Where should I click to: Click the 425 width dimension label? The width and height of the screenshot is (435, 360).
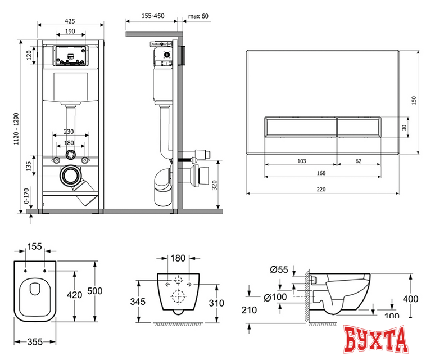coord(70,21)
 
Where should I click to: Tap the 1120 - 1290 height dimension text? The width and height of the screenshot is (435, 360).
coord(16,129)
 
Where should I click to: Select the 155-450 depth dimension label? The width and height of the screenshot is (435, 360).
coord(153,16)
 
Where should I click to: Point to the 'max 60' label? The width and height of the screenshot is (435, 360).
coord(198,16)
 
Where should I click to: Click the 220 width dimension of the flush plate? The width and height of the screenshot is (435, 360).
coord(321,190)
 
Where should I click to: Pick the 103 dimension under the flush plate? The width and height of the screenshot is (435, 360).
coord(302,161)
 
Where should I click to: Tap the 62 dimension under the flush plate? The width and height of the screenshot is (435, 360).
coord(359,161)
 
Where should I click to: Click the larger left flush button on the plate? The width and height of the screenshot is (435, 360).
coord(301,127)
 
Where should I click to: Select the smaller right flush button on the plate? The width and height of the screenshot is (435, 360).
coord(359,127)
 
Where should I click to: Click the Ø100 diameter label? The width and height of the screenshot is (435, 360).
coord(275,297)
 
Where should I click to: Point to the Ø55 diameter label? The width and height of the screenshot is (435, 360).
coord(279,269)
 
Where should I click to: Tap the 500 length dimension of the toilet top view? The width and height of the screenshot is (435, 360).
coord(95,291)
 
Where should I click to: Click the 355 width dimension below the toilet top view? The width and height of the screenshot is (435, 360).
coord(35,342)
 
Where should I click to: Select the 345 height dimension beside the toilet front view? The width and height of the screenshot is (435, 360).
coord(138,301)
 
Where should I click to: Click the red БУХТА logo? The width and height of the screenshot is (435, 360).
coord(375,340)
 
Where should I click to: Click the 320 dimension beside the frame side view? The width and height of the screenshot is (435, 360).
coord(215,185)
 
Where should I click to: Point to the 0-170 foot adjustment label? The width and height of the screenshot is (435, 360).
coord(26,196)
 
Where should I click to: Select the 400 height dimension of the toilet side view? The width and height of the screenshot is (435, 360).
coord(411,299)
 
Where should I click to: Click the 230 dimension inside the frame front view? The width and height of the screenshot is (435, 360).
coord(69,131)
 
